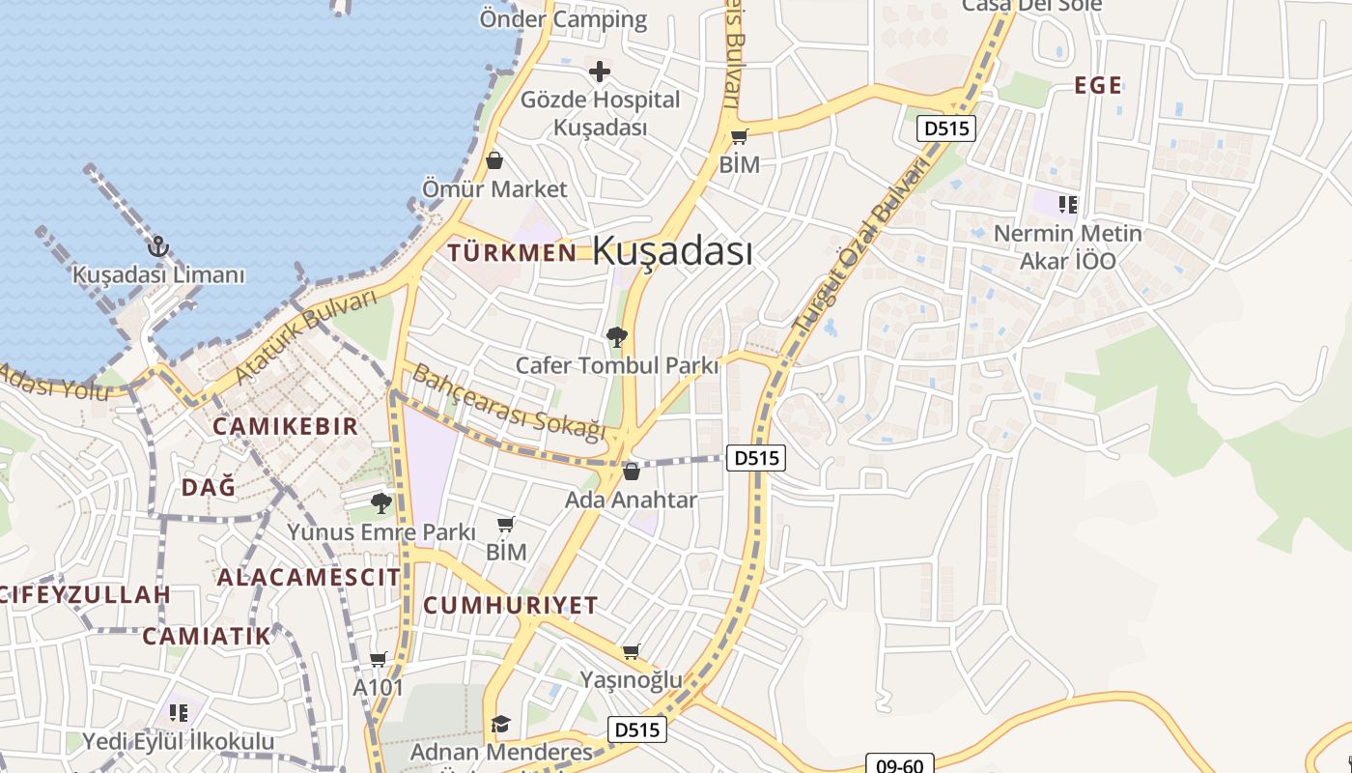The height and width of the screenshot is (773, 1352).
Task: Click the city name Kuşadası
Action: [672, 251]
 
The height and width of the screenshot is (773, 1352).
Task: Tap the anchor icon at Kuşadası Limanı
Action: [158, 247]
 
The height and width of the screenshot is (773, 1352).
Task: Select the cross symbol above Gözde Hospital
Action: [600, 72]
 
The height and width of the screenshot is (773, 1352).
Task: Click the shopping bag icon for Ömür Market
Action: [494, 160]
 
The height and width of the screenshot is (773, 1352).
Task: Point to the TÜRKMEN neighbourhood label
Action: [512, 253]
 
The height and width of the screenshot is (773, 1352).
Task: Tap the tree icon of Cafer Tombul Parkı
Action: [616, 337]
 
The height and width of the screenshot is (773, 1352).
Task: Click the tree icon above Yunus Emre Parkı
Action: [381, 502]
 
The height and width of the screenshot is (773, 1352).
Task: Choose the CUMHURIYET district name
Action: [511, 606]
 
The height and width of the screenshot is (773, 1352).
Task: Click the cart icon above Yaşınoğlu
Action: [631, 652]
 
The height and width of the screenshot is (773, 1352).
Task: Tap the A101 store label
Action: [378, 687]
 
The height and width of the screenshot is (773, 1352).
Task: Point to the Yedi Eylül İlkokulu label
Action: [179, 742]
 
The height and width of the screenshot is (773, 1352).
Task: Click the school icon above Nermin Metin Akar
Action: [1067, 204]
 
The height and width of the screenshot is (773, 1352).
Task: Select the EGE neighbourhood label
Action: [1098, 86]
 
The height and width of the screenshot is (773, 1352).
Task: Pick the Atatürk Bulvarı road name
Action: [305, 335]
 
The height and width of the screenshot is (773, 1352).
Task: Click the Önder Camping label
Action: [563, 19]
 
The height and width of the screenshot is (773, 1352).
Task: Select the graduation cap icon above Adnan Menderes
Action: [499, 724]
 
